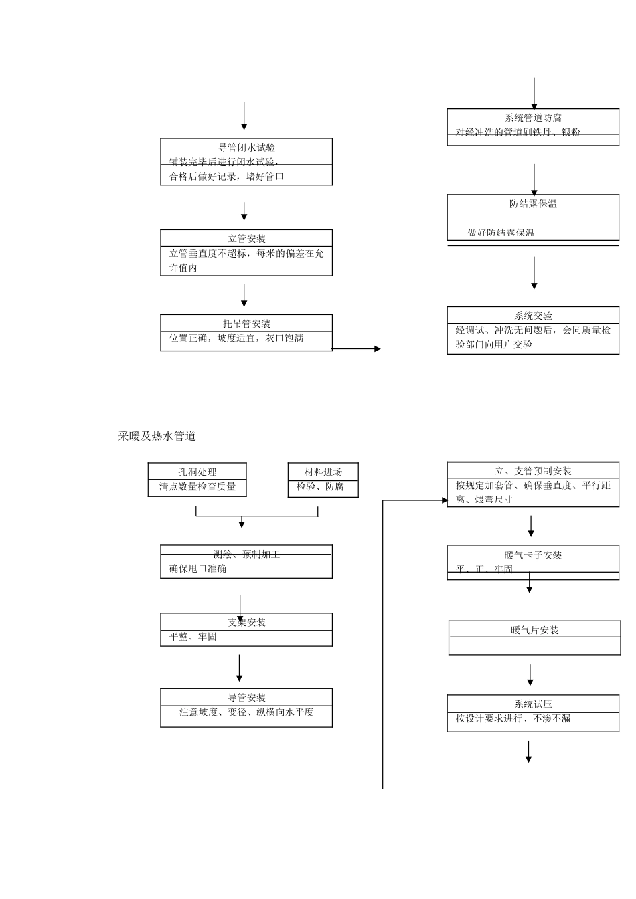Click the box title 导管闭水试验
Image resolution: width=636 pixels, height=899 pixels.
click(x=247, y=148)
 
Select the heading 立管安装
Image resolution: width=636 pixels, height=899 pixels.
click(x=247, y=239)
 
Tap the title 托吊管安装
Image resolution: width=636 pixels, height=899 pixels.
click(x=247, y=324)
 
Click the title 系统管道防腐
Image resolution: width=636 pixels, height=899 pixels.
click(x=533, y=118)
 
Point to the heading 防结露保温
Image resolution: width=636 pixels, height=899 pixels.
click(x=533, y=204)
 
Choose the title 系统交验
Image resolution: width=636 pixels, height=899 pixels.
click(x=533, y=316)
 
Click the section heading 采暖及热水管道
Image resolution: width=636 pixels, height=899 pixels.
click(x=157, y=436)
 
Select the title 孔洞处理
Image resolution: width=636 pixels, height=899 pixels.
click(x=197, y=472)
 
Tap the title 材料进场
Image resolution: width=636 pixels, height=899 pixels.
click(x=323, y=472)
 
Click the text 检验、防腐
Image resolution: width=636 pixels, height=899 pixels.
click(x=320, y=487)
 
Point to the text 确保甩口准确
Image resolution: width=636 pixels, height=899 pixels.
click(x=198, y=569)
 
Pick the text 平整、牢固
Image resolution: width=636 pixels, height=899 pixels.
click(x=193, y=637)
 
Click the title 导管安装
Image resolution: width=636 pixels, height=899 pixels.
click(x=247, y=698)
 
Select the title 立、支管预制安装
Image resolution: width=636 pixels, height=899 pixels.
click(x=533, y=471)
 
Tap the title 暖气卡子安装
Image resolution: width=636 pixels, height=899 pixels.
click(x=533, y=555)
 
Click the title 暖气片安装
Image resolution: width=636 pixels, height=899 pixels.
click(x=534, y=630)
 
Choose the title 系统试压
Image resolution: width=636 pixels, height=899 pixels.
click(x=533, y=704)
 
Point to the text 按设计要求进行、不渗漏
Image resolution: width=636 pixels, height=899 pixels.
click(x=513, y=719)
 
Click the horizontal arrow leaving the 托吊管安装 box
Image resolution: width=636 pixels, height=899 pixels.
click(x=356, y=348)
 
